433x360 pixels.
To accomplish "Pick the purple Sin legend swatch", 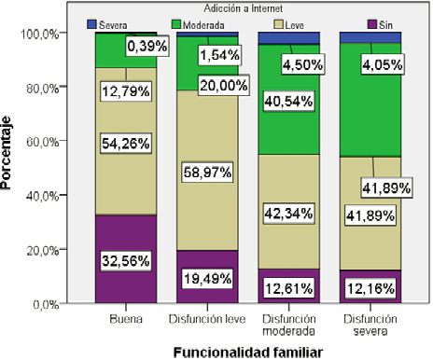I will pos(358,22).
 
